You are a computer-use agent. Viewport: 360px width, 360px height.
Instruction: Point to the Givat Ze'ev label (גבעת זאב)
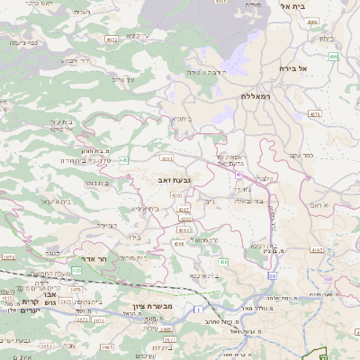[161, 180]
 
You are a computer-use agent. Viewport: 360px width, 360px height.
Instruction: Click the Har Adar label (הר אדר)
[94, 258]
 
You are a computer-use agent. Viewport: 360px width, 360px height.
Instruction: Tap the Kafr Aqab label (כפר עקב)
[327, 154]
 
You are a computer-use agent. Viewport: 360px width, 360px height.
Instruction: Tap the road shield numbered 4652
[111, 40]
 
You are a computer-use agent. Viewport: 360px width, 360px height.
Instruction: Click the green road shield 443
[123, 159]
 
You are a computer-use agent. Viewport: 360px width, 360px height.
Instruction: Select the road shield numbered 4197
[178, 193]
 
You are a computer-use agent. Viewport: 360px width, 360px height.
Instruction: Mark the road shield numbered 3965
[106, 346]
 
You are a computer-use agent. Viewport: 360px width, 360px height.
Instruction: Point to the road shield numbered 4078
[315, 113]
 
